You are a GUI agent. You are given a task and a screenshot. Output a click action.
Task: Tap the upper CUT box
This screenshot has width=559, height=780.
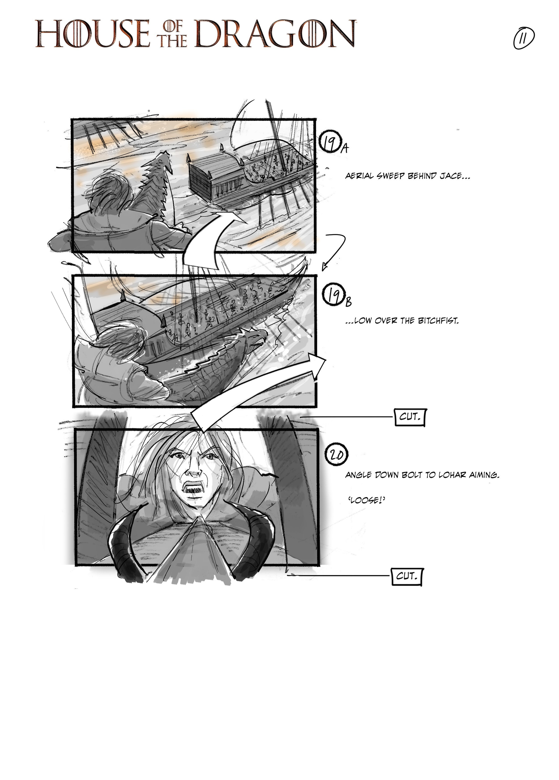coord(410,418)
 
